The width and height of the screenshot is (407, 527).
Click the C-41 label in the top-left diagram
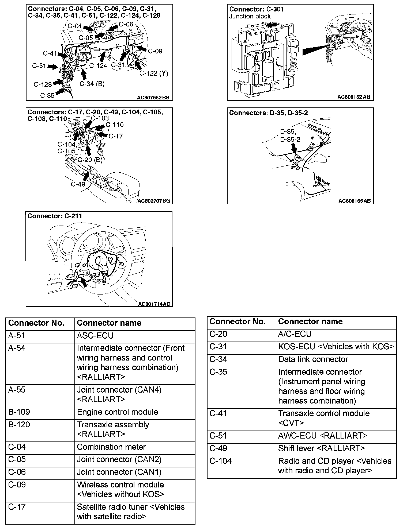50,53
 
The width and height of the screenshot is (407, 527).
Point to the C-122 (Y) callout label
154,73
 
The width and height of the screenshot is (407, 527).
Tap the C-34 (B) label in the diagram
92,84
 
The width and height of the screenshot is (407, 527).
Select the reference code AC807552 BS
153,98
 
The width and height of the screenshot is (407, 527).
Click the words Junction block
250,16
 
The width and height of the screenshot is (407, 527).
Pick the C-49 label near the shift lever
78,184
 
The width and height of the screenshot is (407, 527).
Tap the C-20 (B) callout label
90,160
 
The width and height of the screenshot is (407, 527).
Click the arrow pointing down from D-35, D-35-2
294,148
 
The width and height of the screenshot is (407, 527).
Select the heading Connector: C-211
55,216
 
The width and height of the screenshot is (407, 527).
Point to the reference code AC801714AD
154,304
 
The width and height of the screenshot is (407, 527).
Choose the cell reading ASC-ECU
95,336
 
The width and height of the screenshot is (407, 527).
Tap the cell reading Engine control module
117,412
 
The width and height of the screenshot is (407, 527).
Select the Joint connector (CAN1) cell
119,472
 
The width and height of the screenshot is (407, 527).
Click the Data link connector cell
313,359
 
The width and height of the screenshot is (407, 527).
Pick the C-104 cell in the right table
220,461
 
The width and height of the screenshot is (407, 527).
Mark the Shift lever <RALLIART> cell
321,448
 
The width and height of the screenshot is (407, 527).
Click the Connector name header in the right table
310,321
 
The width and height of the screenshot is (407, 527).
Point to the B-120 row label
19,425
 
